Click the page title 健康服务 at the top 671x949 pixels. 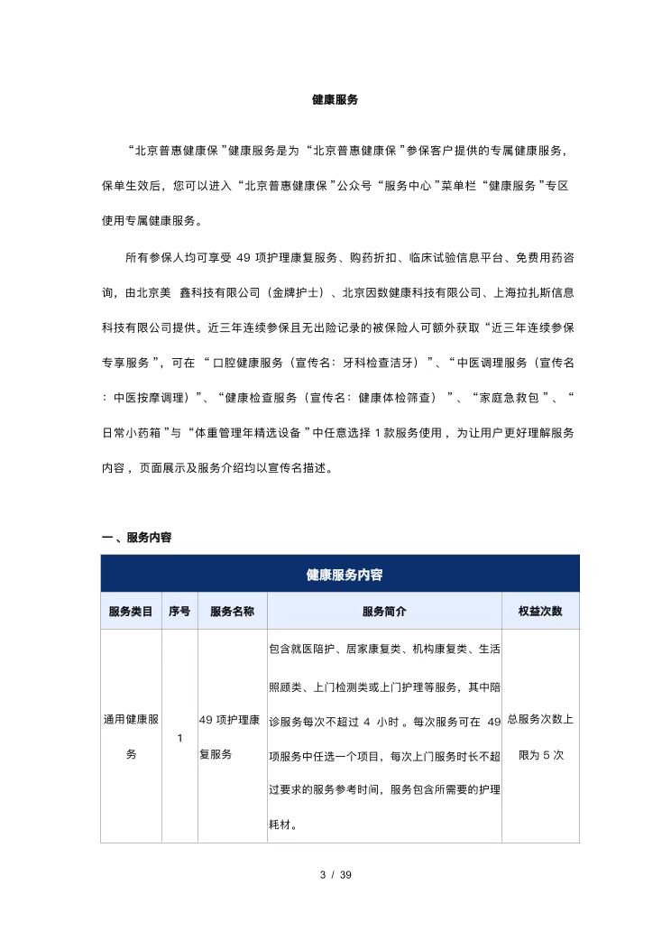pyautogui.click(x=335, y=100)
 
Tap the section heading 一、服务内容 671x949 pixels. pyautogui.click(x=136, y=538)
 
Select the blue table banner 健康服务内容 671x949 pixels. pyautogui.click(x=339, y=575)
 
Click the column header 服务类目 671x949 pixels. pyautogui.click(x=131, y=611)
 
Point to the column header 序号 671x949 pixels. pyautogui.click(x=179, y=611)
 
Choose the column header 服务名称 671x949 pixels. pyautogui.click(x=232, y=611)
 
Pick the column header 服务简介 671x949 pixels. pyautogui.click(x=384, y=611)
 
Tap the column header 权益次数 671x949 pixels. pyautogui.click(x=540, y=611)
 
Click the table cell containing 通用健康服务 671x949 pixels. pyautogui.click(x=131, y=737)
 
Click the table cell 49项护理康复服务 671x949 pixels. pyautogui.click(x=232, y=737)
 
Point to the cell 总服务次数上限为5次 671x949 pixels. pyautogui.click(x=540, y=737)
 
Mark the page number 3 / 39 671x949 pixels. pyautogui.click(x=335, y=875)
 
